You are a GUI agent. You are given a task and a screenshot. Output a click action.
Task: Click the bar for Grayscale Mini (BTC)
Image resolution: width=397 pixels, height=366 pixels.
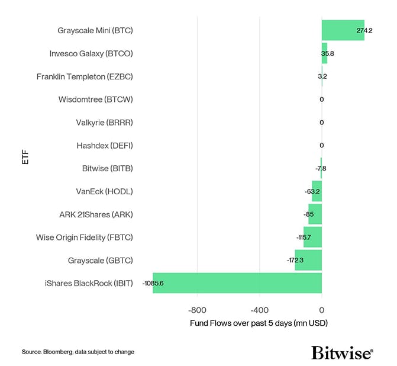click(343, 30)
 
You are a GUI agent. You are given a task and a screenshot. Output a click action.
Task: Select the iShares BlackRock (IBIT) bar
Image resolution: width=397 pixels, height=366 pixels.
click(237, 283)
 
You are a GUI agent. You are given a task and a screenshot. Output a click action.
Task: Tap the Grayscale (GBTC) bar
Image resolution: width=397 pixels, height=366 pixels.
click(308, 260)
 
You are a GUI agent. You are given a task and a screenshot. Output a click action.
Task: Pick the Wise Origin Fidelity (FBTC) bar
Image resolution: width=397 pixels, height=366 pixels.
click(312, 237)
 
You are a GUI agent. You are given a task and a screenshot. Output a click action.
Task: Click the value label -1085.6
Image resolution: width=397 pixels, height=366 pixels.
click(153, 284)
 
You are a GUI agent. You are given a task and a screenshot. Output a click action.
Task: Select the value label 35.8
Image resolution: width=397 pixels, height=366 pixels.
click(328, 53)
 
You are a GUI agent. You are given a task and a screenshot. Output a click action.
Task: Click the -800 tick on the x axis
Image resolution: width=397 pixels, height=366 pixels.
click(196, 310)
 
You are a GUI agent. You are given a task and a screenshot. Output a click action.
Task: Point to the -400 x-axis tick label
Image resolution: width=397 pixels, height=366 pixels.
click(259, 310)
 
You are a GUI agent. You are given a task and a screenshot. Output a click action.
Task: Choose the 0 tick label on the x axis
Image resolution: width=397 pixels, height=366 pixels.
click(322, 310)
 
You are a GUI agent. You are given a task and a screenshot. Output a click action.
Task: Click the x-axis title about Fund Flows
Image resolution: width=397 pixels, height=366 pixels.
click(259, 324)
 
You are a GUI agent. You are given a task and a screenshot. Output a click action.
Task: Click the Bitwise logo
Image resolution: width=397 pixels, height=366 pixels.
click(342, 352)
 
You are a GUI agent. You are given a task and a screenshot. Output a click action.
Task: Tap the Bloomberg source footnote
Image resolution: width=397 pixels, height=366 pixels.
click(78, 352)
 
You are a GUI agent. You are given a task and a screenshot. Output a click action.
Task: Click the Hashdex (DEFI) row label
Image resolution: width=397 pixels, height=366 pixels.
click(104, 145)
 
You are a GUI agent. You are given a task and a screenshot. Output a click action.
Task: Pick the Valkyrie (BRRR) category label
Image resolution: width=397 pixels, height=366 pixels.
click(104, 123)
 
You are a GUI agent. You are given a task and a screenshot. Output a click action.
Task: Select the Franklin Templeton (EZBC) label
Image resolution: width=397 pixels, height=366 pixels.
click(85, 76)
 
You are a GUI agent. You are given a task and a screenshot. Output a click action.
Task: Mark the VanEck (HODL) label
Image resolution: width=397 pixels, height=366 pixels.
click(104, 191)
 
